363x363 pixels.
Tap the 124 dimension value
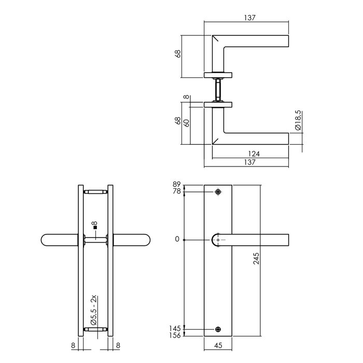[253, 153]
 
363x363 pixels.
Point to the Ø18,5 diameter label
[297, 120]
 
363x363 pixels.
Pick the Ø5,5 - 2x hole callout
[94, 309]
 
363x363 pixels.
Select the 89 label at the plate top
[176, 185]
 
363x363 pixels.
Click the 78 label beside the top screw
[176, 192]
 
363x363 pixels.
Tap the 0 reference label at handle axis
[177, 240]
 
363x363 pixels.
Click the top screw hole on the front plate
[217, 192]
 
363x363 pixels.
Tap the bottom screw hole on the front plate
[217, 329]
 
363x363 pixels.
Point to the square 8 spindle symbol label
[94, 226]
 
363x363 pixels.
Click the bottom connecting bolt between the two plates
[95, 328]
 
